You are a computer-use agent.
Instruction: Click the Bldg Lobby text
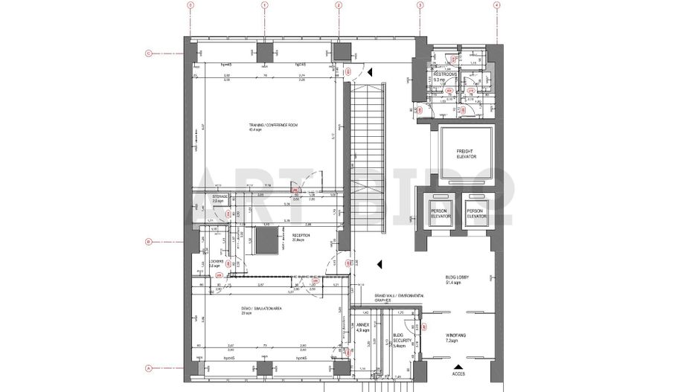point(456,280)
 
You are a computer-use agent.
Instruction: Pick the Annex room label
point(362,327)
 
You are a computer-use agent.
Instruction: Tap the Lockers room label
point(217,263)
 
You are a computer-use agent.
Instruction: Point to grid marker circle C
point(148,53)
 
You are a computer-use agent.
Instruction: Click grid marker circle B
point(148,242)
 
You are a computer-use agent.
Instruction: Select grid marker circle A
point(148,367)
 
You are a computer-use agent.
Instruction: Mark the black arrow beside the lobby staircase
point(379,263)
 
